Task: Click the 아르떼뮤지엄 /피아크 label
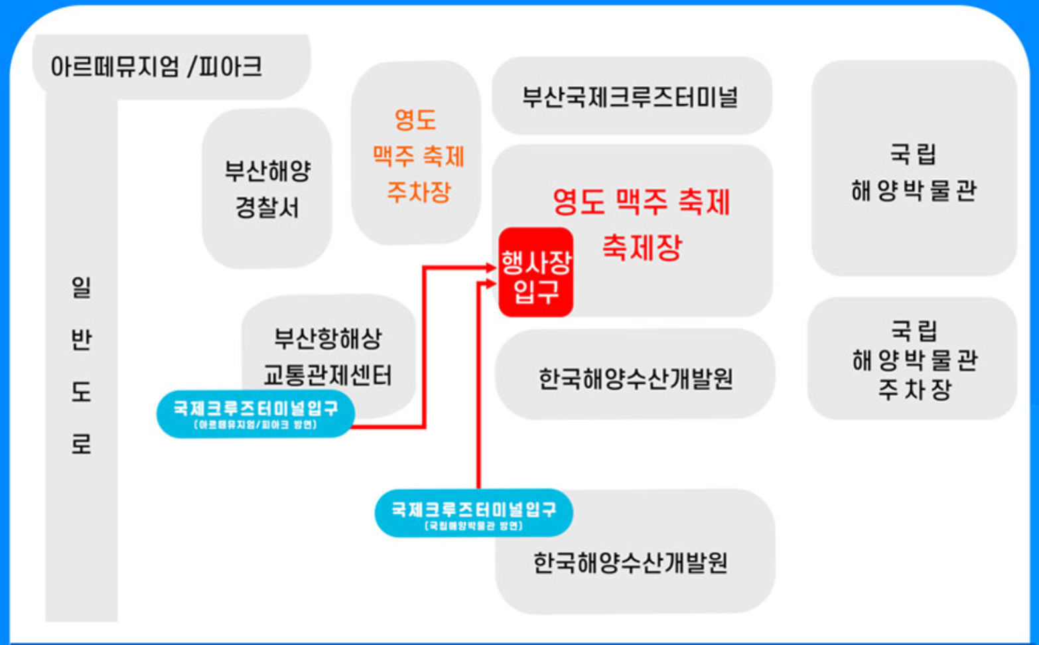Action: tap(157, 66)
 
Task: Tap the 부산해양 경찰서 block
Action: tap(267, 188)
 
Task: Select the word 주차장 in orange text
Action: tap(419, 192)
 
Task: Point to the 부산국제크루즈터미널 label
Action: tap(630, 97)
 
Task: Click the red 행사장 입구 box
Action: tap(535, 273)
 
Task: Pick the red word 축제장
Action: tap(642, 248)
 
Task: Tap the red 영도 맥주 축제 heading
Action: tap(641, 202)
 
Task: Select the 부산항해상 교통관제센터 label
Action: tap(328, 357)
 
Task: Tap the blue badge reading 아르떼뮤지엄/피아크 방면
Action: tap(255, 414)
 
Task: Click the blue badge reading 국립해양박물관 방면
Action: tap(473, 514)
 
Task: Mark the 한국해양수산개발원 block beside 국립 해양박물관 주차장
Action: tap(635, 378)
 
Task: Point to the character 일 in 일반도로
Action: tap(81, 287)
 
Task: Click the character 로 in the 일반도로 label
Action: tap(81, 443)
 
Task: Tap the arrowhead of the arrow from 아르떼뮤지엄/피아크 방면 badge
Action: tap(491, 268)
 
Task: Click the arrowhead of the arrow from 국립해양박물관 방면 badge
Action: tap(491, 284)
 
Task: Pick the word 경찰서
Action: tap(267, 208)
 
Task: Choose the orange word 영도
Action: tap(415, 120)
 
